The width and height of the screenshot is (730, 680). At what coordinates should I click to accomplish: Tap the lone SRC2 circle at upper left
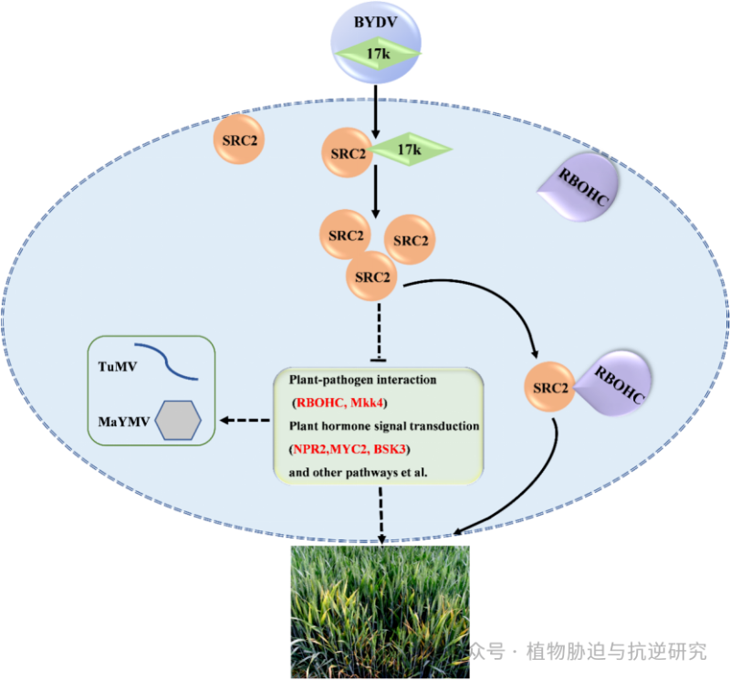239,140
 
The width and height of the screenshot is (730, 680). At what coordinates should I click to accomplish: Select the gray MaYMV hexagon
177,421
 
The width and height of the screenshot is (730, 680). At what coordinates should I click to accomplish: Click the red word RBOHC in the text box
319,403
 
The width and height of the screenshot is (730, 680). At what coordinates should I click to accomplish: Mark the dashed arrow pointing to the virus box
245,421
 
